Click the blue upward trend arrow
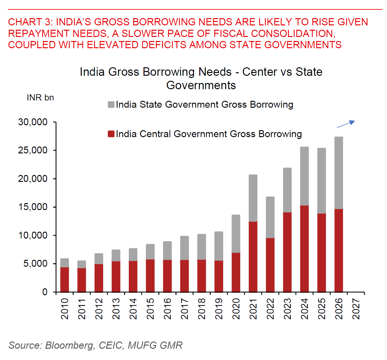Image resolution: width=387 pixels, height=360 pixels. tap(346, 124)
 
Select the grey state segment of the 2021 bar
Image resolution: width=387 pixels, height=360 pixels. tap(253, 198)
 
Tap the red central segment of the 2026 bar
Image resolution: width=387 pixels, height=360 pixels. tap(338, 250)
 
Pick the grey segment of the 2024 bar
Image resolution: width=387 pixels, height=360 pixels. tap(304, 176)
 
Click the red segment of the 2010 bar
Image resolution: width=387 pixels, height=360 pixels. tap(65, 279)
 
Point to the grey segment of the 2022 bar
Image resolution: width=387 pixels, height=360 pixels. tap(270, 217)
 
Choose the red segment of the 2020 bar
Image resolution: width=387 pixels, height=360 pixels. tap(236, 272)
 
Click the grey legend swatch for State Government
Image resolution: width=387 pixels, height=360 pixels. tap(111, 105)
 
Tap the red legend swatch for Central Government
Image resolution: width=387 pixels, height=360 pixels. tap(111, 134)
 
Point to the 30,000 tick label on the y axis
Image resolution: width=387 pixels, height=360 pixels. tap(33, 122)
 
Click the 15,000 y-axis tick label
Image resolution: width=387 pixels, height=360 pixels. tap(33, 207)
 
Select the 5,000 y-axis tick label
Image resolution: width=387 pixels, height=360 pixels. tap(35, 264)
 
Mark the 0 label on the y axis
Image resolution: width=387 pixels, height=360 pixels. tap(45, 292)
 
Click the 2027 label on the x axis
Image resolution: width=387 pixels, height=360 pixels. tap(356, 309)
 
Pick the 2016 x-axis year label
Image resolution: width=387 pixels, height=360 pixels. tap(167, 309)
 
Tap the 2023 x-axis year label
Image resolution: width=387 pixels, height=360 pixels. tap(287, 309)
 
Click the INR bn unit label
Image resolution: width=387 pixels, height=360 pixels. tap(40, 98)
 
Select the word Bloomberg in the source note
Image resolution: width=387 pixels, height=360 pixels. tap(69, 345)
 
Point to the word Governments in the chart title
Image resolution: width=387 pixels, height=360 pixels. tap(201, 85)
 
